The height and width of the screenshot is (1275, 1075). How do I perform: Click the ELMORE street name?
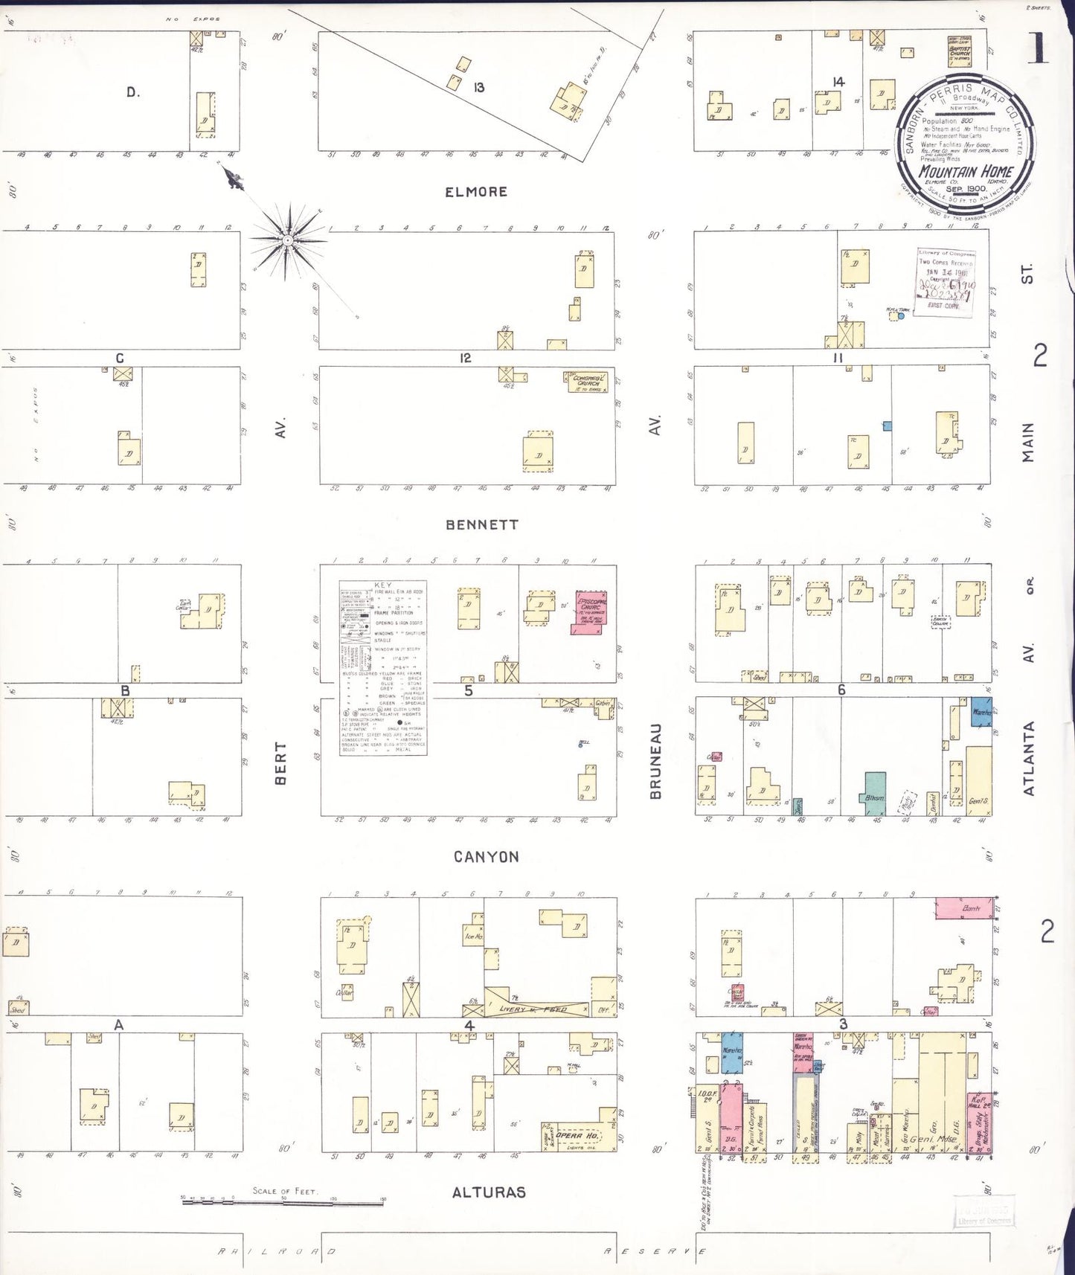pos(476,192)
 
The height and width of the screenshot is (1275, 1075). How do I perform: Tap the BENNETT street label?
pos(482,524)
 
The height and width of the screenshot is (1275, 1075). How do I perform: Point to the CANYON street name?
pos(487,857)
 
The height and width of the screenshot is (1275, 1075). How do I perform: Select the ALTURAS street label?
pos(489,1192)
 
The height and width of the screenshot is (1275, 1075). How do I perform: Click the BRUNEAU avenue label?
pos(655,761)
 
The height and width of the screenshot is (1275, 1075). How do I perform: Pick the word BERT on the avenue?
pos(280,762)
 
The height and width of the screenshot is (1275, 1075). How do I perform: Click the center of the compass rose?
pos(287,240)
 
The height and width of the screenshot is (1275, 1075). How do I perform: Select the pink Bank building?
pos(964,908)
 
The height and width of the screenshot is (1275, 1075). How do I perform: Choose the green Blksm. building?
pos(875,794)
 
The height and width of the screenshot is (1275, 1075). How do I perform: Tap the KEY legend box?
pos(383,667)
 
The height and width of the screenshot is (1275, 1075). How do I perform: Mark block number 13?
pos(479,88)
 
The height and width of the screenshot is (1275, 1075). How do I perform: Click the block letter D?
pos(132,92)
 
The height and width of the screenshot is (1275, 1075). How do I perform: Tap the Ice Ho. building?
pos(474,936)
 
